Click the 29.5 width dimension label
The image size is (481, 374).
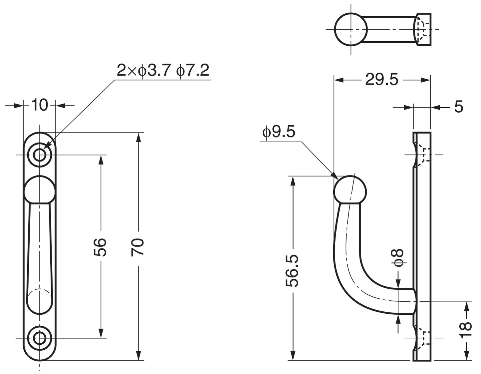click(381, 80)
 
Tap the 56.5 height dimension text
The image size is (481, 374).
click(292, 271)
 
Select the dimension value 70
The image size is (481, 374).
click(137, 247)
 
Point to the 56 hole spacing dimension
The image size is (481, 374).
click(100, 247)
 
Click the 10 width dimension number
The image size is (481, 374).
click(40, 105)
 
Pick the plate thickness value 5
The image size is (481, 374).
click(458, 107)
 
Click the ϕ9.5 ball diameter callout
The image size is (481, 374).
click(279, 133)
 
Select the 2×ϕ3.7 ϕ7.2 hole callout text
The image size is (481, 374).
click(163, 70)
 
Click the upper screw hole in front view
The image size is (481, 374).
click(40, 155)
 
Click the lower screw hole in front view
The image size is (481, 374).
click(40, 338)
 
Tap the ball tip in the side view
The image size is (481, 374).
click(350, 189)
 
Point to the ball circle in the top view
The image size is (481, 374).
click(351, 29)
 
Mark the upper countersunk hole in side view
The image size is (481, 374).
click(421, 155)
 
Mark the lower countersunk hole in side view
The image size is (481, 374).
click(421, 338)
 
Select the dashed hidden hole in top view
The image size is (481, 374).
click(422, 29)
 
